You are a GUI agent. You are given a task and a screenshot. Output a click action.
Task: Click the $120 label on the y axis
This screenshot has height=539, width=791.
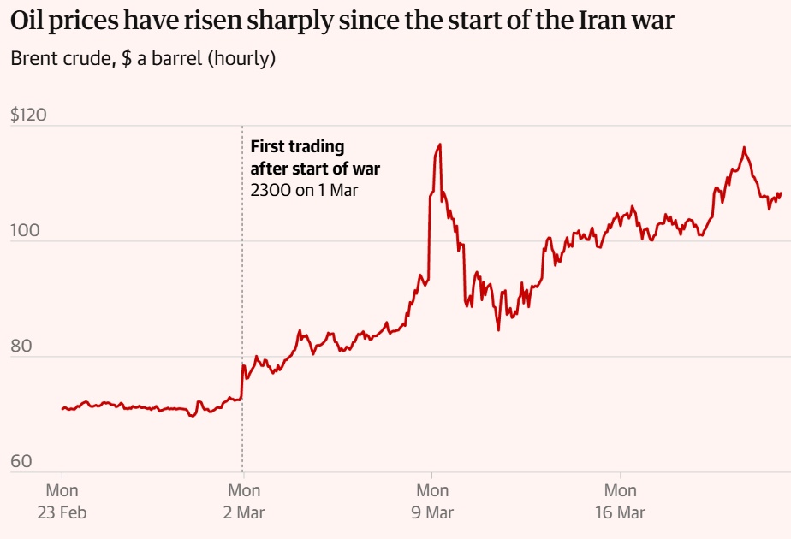(x=29, y=115)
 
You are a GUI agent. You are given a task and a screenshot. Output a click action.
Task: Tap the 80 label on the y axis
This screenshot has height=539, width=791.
(x=22, y=346)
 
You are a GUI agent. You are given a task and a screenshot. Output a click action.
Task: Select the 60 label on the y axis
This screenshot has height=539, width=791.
(x=22, y=462)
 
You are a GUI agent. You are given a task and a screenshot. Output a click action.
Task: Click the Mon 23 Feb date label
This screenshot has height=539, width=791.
(x=62, y=501)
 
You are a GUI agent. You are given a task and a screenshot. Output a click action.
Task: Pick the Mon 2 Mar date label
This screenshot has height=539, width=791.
(x=244, y=501)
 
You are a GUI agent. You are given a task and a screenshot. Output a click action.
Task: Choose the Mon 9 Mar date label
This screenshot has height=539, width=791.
(x=432, y=501)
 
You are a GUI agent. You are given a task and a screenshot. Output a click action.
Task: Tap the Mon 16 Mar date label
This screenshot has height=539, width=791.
(x=621, y=501)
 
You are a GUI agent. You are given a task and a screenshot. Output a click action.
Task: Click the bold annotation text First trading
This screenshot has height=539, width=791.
(x=297, y=147)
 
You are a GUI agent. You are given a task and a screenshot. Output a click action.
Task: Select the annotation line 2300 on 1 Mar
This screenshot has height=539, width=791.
(x=304, y=190)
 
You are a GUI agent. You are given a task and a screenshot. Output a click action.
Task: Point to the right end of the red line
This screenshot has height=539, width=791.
(x=781, y=193)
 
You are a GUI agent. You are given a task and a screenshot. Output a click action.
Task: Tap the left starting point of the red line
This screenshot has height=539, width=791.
(x=62, y=408)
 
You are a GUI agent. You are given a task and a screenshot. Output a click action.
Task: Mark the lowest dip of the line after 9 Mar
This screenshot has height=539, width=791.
(x=498, y=329)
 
